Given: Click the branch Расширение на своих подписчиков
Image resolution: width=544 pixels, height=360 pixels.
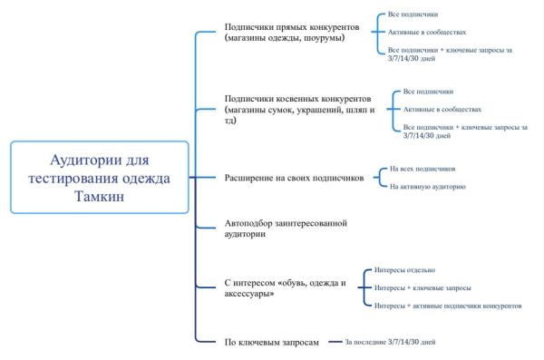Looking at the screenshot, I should pos(294,179).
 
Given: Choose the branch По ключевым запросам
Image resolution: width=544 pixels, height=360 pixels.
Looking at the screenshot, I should pos(271,341).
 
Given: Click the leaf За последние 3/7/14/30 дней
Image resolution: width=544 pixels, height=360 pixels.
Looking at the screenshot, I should pos(391,342).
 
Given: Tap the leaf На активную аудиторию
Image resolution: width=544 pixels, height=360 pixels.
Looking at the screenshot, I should pos(427,187).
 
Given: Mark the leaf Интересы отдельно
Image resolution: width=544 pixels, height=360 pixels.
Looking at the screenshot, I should pos(403,270).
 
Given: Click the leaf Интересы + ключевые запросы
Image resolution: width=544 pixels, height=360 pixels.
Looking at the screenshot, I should pos(423,287).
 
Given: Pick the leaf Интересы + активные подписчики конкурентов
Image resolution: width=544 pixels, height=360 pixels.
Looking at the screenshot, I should pos(448,306).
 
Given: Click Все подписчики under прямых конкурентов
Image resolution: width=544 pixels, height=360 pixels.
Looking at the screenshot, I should pos(413,16).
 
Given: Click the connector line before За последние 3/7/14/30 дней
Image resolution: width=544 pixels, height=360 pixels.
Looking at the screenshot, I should pos(332,341).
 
